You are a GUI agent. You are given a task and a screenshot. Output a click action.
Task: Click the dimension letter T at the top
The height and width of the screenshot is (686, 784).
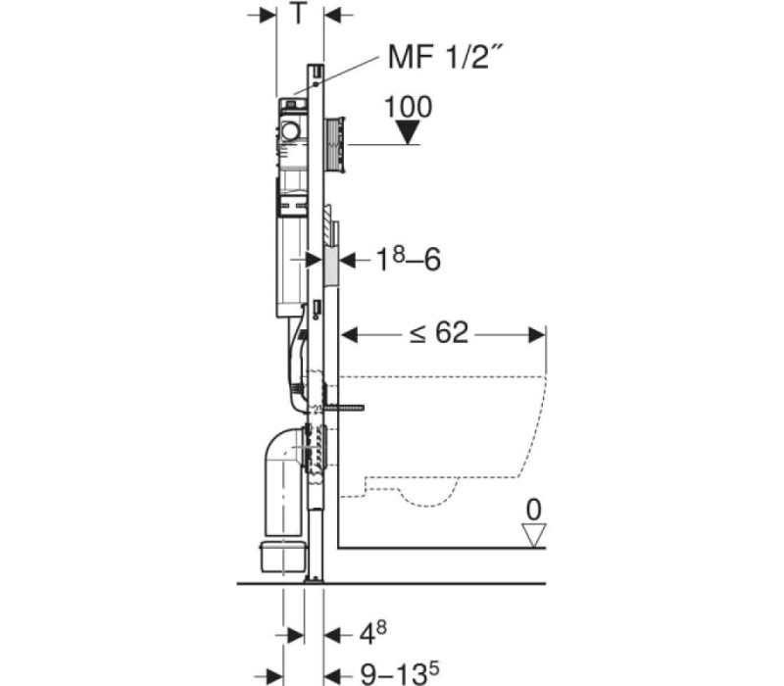(x=298, y=14)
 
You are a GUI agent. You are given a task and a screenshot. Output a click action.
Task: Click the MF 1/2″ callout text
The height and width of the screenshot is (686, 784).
(x=445, y=57)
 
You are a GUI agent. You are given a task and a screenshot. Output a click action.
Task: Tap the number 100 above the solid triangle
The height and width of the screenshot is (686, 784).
(x=408, y=107)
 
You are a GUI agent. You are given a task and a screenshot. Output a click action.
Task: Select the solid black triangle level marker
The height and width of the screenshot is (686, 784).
(x=408, y=132)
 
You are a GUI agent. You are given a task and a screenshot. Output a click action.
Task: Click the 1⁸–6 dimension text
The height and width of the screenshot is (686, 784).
(x=409, y=260)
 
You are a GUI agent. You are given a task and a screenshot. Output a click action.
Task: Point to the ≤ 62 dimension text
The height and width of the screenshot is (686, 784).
(x=439, y=332)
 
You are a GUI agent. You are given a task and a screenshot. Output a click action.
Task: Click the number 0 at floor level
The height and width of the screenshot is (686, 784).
(x=534, y=511)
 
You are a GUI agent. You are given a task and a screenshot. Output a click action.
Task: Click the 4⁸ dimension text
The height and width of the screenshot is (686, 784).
(x=373, y=633)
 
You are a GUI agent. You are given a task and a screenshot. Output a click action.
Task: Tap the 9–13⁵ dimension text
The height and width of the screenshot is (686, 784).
(x=400, y=673)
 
